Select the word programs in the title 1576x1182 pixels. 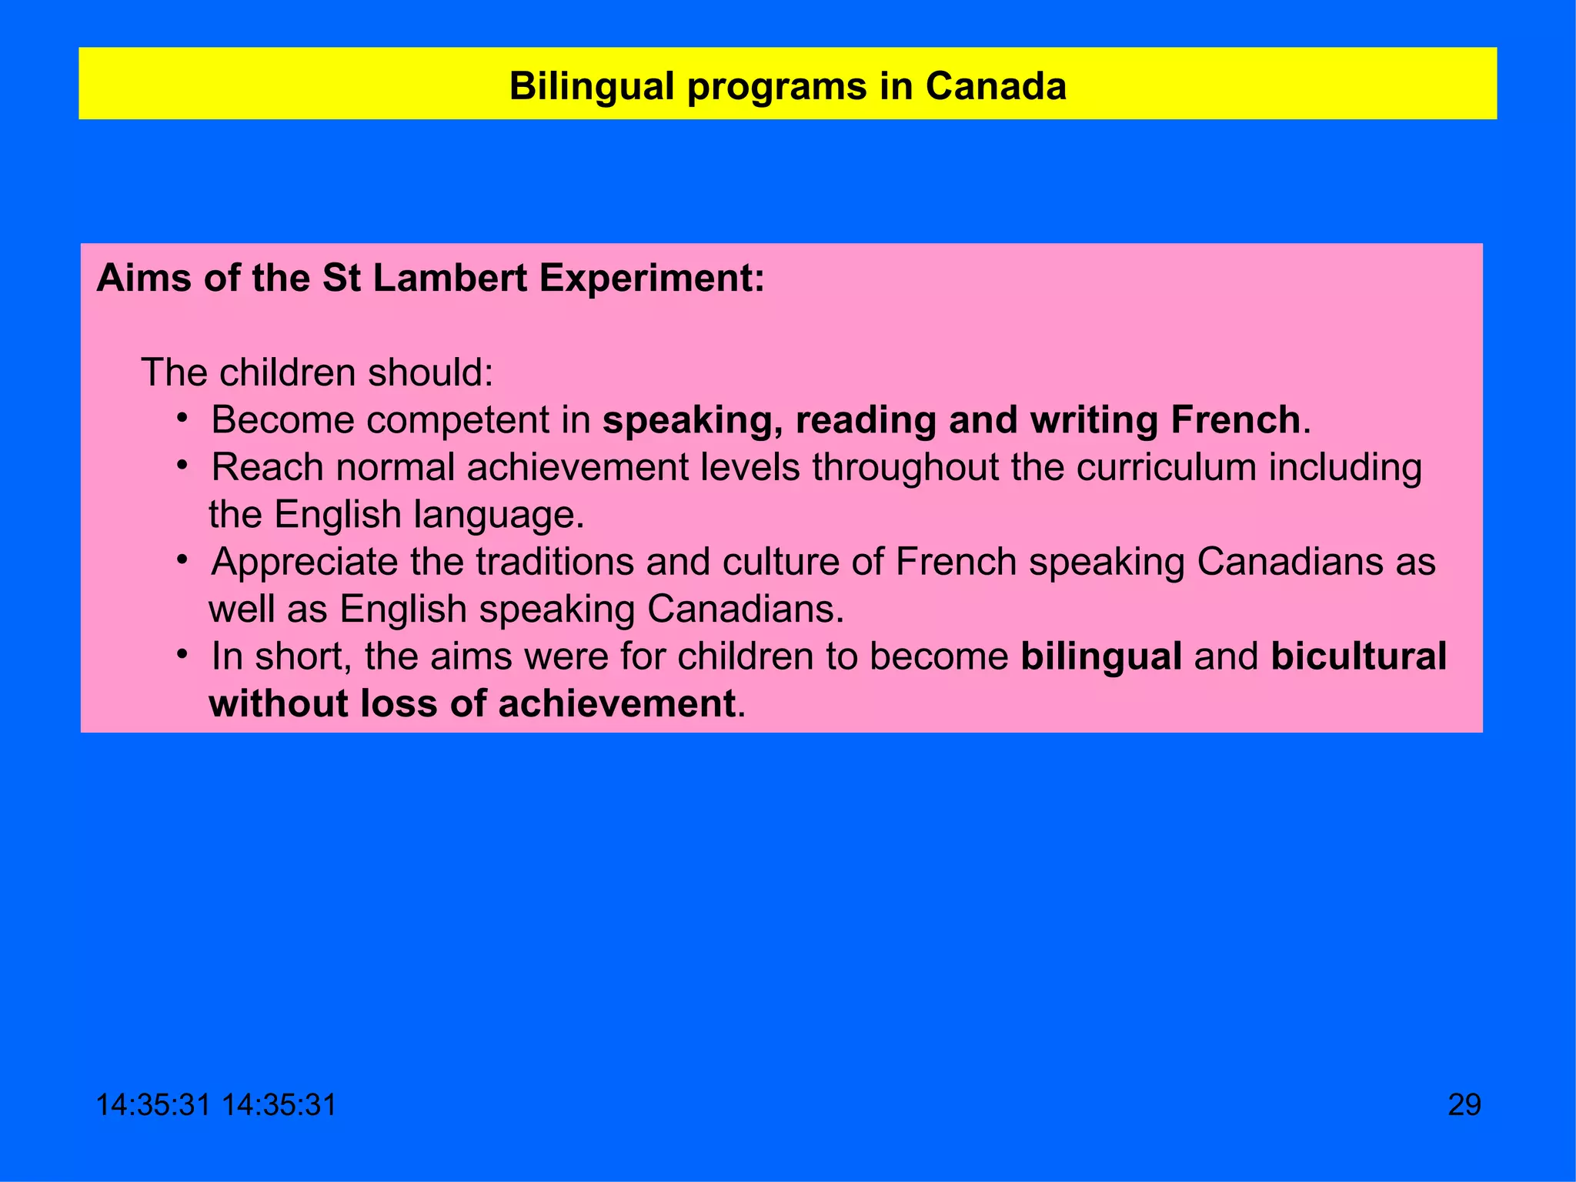776,86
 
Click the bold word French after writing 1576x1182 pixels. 1235,421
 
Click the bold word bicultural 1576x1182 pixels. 1358,657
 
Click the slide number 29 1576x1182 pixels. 1464,1105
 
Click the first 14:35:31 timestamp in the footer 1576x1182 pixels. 153,1105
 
